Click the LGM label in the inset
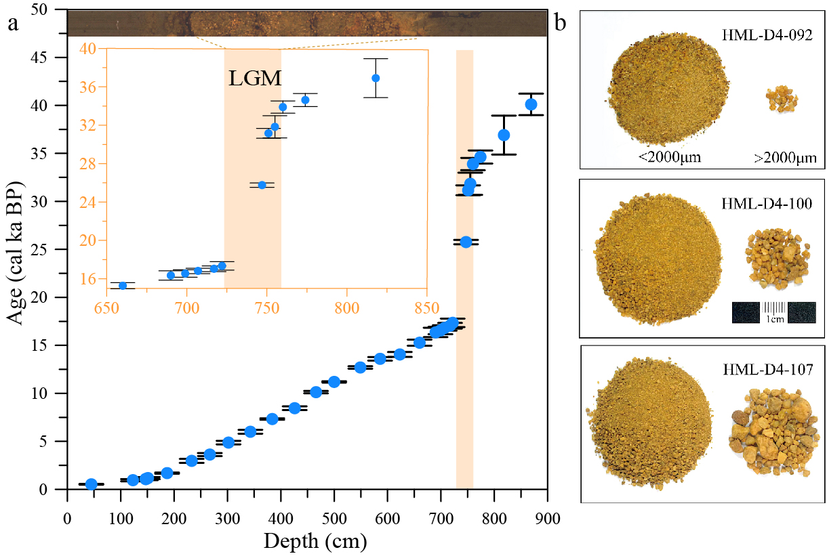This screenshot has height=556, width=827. (x=255, y=78)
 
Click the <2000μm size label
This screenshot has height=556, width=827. (x=668, y=157)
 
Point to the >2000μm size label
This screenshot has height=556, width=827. (x=784, y=158)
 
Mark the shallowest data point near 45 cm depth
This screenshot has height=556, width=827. (x=91, y=484)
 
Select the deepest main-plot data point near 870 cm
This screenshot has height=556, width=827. (x=531, y=104)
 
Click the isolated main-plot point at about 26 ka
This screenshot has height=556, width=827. (x=466, y=242)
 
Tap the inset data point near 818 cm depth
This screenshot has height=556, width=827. (x=376, y=78)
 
